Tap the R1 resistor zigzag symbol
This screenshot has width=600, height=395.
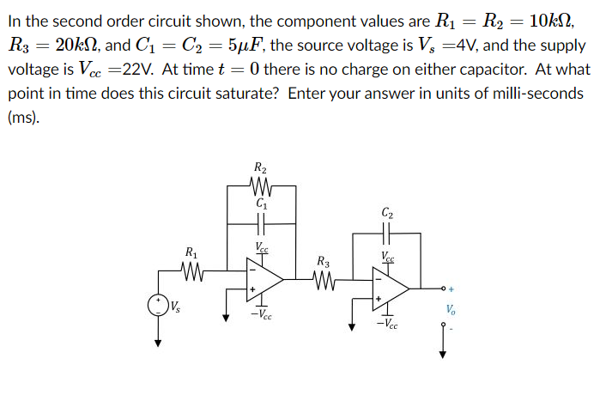click(x=191, y=275)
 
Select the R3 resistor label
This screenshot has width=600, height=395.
click(x=322, y=261)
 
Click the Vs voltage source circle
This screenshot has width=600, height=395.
click(x=157, y=305)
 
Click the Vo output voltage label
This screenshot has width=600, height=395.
click(x=451, y=311)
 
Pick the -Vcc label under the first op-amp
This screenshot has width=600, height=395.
click(x=262, y=314)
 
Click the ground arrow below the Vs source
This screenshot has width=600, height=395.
click(x=157, y=341)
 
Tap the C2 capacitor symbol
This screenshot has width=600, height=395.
click(x=386, y=233)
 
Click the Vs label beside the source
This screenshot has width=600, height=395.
click(x=176, y=306)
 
